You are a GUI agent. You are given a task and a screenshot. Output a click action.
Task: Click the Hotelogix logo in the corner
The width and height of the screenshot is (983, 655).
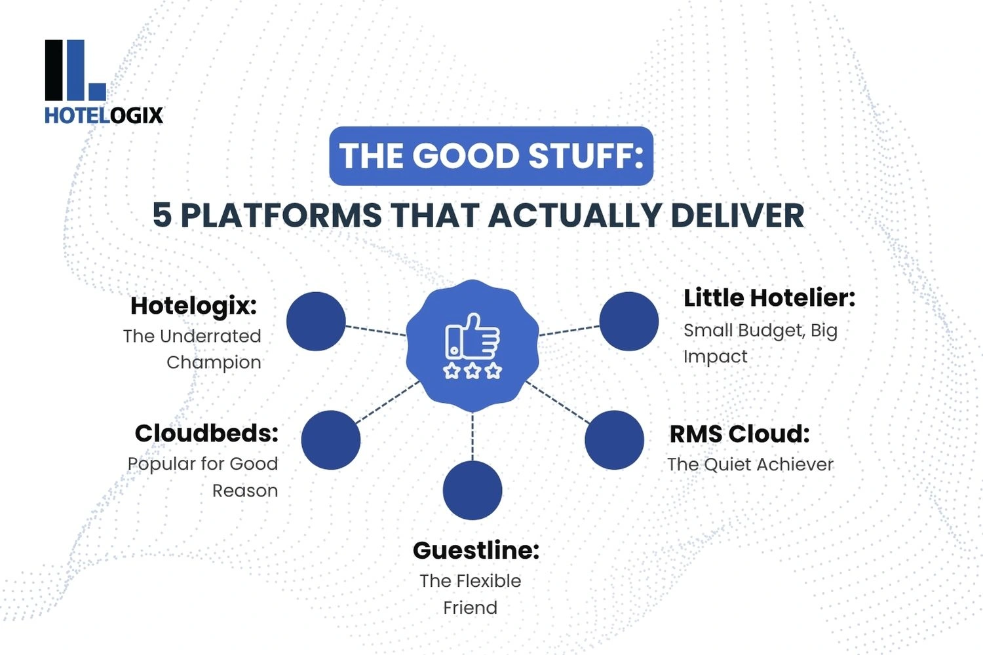point(103,82)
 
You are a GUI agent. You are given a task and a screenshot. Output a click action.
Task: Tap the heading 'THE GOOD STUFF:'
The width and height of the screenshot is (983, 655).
point(491,156)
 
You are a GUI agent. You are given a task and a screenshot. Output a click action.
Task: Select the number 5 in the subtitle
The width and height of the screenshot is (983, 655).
point(162,215)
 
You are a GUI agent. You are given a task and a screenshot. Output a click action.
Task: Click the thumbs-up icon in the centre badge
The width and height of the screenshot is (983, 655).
point(472,337)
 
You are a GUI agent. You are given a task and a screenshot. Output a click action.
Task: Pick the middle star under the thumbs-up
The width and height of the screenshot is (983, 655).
point(472,371)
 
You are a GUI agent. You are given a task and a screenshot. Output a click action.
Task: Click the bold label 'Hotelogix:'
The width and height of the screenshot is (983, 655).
point(193,305)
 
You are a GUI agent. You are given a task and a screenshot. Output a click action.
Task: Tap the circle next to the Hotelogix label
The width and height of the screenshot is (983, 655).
point(316,321)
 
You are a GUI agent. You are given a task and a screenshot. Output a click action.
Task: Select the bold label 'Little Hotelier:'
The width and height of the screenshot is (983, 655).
point(769,298)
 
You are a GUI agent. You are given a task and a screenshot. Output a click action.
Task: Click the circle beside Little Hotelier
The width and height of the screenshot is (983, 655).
point(629,321)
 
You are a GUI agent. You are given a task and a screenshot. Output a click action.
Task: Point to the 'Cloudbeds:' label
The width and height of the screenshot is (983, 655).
point(206,433)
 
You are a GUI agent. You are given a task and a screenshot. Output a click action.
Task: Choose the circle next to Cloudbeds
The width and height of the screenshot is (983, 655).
point(331,440)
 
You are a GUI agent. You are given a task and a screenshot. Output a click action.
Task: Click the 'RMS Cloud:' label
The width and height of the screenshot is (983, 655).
point(739,434)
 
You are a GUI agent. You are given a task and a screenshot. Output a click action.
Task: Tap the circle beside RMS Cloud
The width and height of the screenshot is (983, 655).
point(614,440)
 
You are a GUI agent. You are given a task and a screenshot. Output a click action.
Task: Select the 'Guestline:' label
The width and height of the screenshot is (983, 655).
point(476,550)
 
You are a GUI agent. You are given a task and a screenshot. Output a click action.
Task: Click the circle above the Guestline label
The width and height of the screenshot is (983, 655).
point(472,491)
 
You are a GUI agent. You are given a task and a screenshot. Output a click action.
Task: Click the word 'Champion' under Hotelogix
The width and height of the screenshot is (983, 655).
point(214,362)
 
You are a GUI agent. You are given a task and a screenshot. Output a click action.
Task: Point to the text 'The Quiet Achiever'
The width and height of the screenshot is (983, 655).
point(750,464)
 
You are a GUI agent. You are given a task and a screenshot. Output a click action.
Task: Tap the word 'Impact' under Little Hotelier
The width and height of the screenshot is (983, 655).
point(715,356)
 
